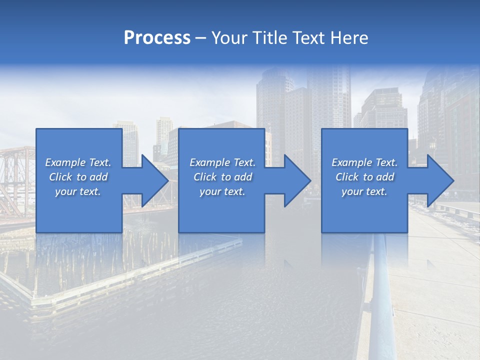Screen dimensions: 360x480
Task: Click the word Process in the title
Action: pyautogui.click(x=157, y=38)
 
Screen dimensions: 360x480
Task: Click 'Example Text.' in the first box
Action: pyautogui.click(x=78, y=162)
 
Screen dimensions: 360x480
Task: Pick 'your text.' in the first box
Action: pyautogui.click(x=78, y=191)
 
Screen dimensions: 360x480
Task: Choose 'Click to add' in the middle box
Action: pyautogui.click(x=222, y=177)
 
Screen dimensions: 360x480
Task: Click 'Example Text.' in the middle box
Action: pyautogui.click(x=222, y=162)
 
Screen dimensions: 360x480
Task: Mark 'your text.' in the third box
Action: pyautogui.click(x=364, y=191)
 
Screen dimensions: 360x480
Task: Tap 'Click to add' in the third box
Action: pyautogui.click(x=364, y=177)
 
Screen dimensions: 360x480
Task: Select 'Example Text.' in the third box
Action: pyautogui.click(x=364, y=162)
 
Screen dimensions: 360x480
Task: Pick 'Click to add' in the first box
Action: pyautogui.click(x=78, y=177)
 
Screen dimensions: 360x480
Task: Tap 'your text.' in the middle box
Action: pyautogui.click(x=222, y=191)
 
